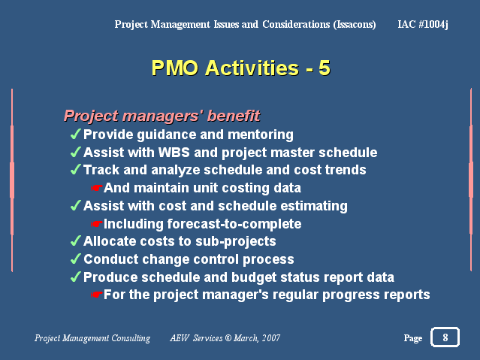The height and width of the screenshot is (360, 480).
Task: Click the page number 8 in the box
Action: click(445, 337)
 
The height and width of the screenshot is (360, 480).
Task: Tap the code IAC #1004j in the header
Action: click(423, 24)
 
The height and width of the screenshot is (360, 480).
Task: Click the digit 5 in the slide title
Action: click(325, 68)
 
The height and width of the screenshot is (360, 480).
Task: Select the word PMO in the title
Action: click(175, 68)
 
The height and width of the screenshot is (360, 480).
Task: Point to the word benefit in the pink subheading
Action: click(234, 116)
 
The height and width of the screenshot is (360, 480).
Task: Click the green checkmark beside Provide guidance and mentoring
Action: click(76, 134)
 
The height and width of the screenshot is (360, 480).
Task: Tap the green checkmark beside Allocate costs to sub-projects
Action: click(76, 241)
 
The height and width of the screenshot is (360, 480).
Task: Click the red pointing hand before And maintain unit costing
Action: click(96, 188)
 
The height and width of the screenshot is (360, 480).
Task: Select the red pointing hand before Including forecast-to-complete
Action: click(96, 224)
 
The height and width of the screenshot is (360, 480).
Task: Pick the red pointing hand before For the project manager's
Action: click(96, 295)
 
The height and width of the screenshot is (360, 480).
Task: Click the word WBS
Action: click(174, 153)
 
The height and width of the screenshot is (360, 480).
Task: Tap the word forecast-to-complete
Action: click(234, 224)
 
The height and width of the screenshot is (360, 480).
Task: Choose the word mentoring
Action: click(261, 135)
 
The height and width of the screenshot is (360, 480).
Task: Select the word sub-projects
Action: click(236, 241)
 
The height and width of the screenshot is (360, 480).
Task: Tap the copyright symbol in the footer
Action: click(228, 338)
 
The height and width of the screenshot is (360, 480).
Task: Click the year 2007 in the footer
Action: click(271, 338)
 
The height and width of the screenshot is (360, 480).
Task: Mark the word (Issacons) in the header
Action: click(355, 24)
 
